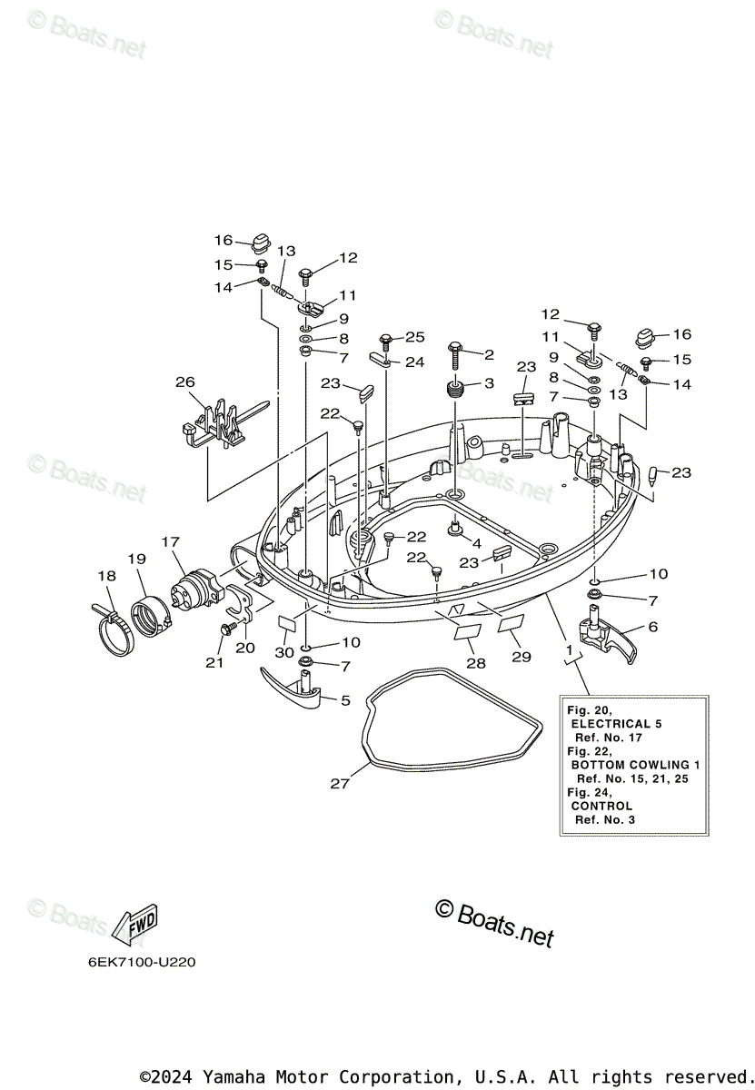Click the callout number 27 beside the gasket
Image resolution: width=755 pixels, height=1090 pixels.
pyautogui.click(x=340, y=784)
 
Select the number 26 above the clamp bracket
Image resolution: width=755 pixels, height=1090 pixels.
pyautogui.click(x=185, y=382)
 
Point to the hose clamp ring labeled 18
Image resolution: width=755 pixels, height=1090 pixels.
pyautogui.click(x=114, y=628)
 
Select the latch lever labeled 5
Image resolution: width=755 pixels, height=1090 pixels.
pyautogui.click(x=293, y=688)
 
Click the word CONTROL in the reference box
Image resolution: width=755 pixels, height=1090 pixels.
pyautogui.click(x=601, y=806)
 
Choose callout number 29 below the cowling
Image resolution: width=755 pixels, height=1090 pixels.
pyautogui.click(x=521, y=657)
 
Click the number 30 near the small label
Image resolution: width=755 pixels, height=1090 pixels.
pyautogui.click(x=283, y=653)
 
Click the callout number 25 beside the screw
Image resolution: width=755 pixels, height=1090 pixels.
pyautogui.click(x=414, y=337)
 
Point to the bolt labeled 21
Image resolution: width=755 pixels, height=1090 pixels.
pyautogui.click(x=225, y=629)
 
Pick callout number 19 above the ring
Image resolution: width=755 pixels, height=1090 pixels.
pyautogui.click(x=136, y=559)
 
